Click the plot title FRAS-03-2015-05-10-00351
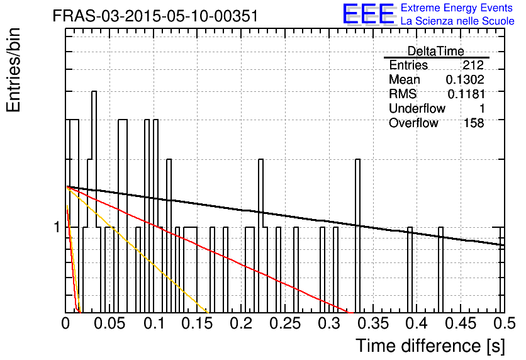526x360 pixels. coord(155,16)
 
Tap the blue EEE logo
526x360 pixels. coord(369,14)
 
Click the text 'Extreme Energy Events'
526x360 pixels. coord(457,8)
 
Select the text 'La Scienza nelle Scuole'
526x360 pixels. coord(457,21)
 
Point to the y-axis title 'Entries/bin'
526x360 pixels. coord(13,70)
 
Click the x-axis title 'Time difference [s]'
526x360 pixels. coord(430,346)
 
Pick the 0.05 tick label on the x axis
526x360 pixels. coord(109,323)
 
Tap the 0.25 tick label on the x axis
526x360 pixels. coord(285,323)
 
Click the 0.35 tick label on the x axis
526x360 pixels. coord(373,323)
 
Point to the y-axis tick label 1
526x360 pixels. coord(57,227)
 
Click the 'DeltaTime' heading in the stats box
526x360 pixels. coord(436,51)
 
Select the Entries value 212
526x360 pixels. coord(473,65)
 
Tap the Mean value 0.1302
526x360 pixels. coord(465,79)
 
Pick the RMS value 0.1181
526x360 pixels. coord(466,94)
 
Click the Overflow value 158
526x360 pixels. coord(474,123)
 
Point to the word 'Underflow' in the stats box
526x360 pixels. coord(417,108)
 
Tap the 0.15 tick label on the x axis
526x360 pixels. coord(198,323)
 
